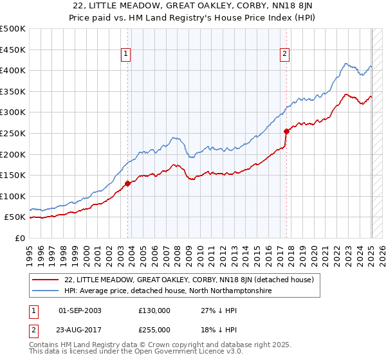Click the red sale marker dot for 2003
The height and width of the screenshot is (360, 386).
tap(127, 183)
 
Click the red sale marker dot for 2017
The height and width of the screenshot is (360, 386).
tap(287, 130)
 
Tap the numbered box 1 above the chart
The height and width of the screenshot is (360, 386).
tap(125, 55)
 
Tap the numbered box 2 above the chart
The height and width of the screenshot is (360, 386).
tap(284, 55)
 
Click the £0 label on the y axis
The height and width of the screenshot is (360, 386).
tap(20, 238)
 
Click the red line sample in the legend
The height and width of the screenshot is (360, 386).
tap(46, 280)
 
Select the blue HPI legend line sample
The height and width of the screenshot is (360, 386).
tap(46, 291)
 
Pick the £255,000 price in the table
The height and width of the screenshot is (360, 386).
tap(154, 329)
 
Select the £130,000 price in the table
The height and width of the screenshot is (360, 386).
tap(154, 310)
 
